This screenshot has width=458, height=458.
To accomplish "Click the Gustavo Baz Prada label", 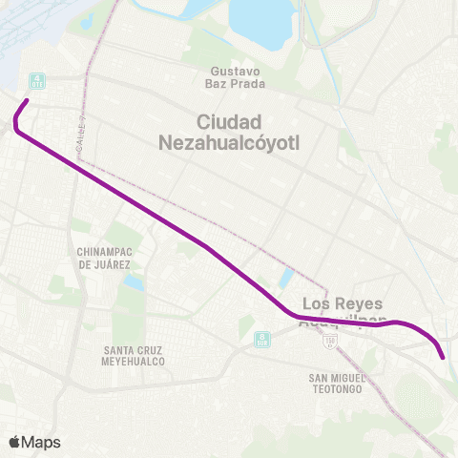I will pyautogui.click(x=233, y=78).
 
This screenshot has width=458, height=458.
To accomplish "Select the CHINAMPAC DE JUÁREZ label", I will pyautogui.click(x=103, y=257).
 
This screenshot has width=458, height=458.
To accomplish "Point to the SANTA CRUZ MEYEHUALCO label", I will pyautogui.click(x=134, y=356).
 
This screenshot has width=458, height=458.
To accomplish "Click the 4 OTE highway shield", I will pyautogui.click(x=36, y=79).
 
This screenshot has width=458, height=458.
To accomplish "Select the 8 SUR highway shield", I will pyautogui.click(x=260, y=338).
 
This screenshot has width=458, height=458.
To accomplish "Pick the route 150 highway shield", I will pyautogui.click(x=330, y=341).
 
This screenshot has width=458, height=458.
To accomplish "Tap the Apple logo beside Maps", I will pyautogui.click(x=14, y=442).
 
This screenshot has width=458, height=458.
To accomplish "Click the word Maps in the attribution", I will pyautogui.click(x=41, y=442).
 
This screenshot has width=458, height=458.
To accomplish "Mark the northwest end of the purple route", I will pyautogui.click(x=27, y=100).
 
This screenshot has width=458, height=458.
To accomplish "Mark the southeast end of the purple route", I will pyautogui.click(x=444, y=358).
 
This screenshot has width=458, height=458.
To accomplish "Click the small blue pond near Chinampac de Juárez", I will pyautogui.click(x=135, y=282).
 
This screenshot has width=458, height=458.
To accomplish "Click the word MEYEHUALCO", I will pyautogui.click(x=134, y=363).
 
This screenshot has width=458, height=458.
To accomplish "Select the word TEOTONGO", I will pyautogui.click(x=335, y=389).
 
